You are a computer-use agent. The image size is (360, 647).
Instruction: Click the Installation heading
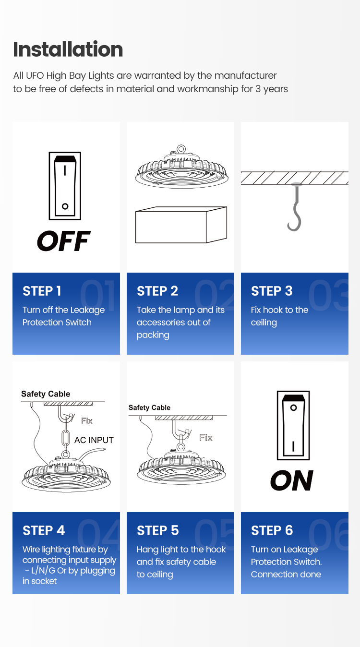(x=68, y=49)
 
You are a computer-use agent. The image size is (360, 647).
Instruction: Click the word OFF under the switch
(x=63, y=240)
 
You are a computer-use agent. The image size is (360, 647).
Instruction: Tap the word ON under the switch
(x=292, y=480)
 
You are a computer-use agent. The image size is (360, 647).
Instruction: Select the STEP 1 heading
(x=42, y=291)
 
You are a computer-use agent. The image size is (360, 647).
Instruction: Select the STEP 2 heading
(x=157, y=291)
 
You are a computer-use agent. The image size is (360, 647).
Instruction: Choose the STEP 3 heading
(x=272, y=291)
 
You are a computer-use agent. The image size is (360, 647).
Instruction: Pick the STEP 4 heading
(x=44, y=530)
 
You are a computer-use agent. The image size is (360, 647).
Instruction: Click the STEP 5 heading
(x=158, y=530)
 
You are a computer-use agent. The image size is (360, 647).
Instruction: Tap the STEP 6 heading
(x=272, y=530)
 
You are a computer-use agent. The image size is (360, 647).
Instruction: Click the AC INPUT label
(x=94, y=440)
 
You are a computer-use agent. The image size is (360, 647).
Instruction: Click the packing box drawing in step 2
(x=181, y=225)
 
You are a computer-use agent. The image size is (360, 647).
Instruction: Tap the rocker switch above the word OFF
(x=65, y=186)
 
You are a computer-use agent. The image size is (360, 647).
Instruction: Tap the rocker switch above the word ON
(x=293, y=425)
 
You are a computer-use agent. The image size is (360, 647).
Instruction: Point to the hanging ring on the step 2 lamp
(x=181, y=149)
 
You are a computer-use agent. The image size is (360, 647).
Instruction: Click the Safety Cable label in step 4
(x=46, y=394)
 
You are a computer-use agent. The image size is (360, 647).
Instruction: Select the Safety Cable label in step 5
(x=149, y=407)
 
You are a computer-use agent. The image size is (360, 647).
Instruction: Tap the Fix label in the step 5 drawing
(x=206, y=438)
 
